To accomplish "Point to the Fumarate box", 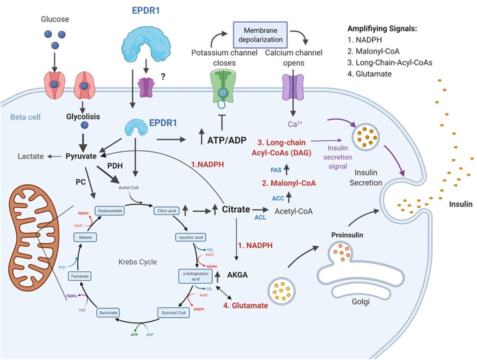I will pyautogui.click(x=80, y=275).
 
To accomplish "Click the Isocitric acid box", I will pyautogui.click(x=189, y=238).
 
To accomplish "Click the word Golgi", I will pyautogui.click(x=361, y=302).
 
